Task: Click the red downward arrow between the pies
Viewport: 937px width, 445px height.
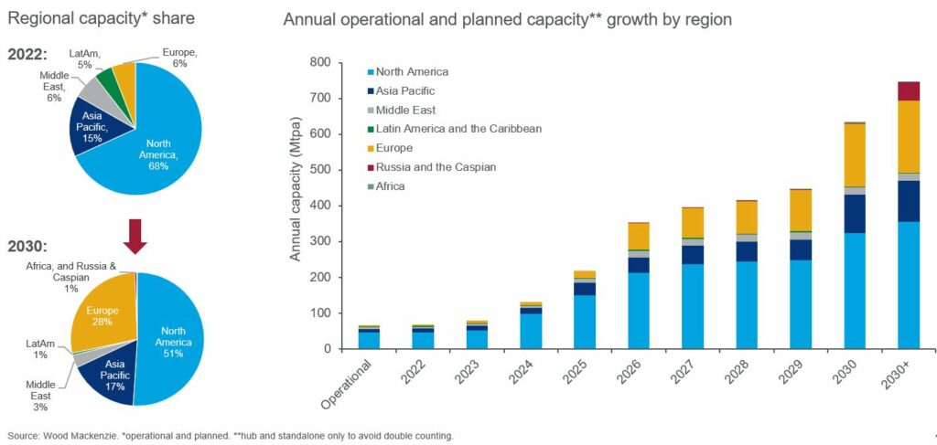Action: click(135, 235)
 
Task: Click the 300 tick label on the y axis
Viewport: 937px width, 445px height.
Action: click(344, 241)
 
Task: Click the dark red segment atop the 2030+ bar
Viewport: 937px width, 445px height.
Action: click(908, 90)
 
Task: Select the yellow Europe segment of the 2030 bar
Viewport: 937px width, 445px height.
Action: click(854, 154)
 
